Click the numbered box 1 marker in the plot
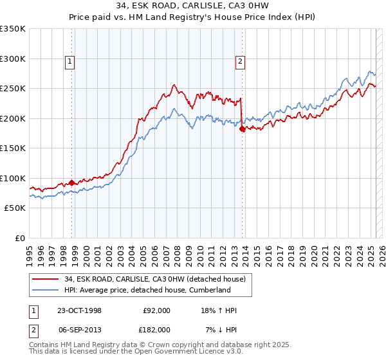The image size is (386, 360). (69, 62)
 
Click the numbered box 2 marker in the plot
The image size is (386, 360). (239, 62)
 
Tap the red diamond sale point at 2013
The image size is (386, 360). (242, 129)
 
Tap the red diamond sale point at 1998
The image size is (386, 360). (71, 182)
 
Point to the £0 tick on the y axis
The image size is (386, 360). (19, 238)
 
